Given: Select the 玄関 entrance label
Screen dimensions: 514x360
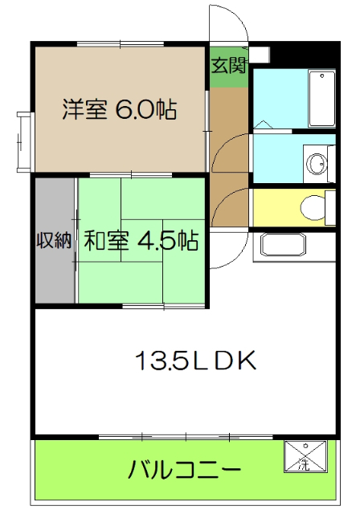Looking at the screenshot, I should [228, 66].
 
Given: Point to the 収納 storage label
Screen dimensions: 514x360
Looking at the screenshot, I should [54, 240].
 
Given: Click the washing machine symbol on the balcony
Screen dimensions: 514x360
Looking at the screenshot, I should [304, 456].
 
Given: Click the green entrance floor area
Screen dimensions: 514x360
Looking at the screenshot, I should [228, 72].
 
